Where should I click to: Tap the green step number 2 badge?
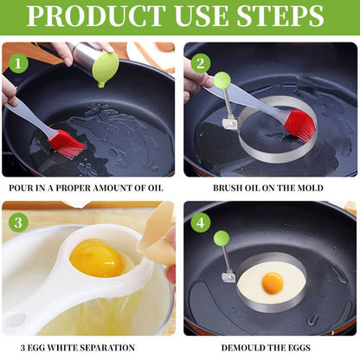[x=200, y=62]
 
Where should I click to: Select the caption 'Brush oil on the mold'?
[x=269, y=187]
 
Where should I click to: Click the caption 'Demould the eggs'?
[x=269, y=347]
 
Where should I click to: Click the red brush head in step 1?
[x=67, y=143]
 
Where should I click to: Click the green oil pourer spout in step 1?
[x=105, y=70]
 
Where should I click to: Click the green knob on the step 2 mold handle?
[x=222, y=80]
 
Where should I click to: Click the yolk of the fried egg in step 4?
[x=273, y=282]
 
